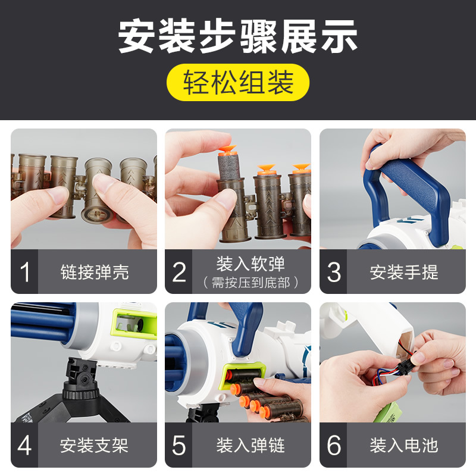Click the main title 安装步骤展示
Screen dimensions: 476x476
tap(237, 36)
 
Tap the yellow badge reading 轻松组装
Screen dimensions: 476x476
tap(237, 82)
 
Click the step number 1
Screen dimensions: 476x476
tap(24, 272)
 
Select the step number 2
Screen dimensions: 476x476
tap(179, 272)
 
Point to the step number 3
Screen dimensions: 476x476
tap(334, 272)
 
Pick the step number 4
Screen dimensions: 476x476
tap(24, 445)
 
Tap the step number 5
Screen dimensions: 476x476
tap(179, 445)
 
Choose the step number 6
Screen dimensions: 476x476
tap(334, 445)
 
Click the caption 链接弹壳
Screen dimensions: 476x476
tap(95, 272)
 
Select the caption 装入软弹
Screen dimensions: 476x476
tap(250, 264)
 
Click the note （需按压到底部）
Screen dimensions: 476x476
tap(250, 283)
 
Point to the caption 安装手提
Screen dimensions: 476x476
tap(404, 272)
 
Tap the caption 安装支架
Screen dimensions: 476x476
tap(94, 445)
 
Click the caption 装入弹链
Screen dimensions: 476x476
tap(250, 445)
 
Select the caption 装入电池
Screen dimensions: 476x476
tap(404, 445)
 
